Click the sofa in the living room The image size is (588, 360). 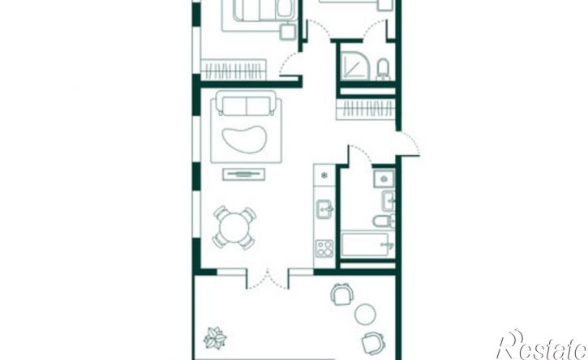246,103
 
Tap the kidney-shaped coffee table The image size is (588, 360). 244,139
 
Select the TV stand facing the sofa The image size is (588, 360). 244,174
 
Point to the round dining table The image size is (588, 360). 234,227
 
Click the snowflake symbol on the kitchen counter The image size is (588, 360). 324,175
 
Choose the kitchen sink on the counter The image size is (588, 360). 324,209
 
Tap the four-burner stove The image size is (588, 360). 324,249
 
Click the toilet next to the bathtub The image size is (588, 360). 384,221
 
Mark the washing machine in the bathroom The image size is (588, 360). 384,178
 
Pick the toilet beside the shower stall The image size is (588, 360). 384,70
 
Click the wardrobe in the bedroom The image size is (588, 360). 234,70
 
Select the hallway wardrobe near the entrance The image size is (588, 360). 366,109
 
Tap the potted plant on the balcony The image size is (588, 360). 215,338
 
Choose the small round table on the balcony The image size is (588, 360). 365,315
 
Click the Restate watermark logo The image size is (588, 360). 542,345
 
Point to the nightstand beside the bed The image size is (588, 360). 288,31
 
